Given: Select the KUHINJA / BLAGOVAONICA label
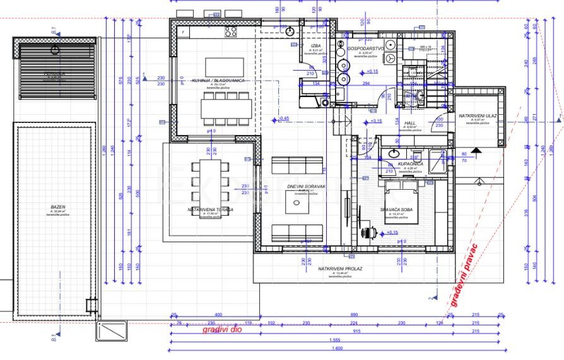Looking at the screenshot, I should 218,81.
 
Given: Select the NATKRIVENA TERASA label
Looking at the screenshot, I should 210,209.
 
